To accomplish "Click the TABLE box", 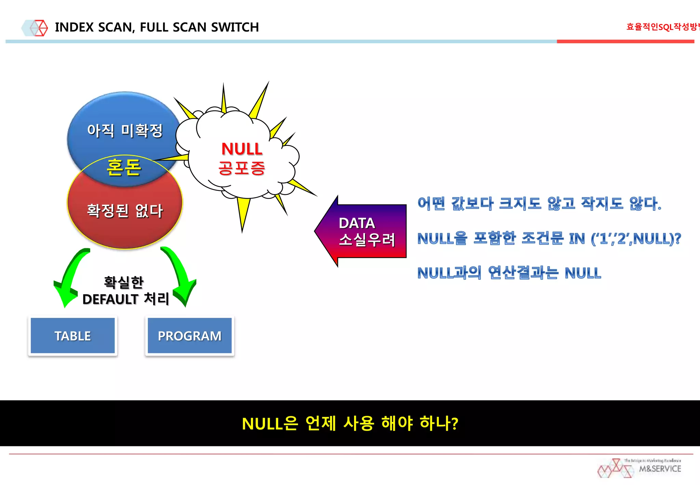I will [72, 336].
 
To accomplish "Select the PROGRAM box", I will [189, 336].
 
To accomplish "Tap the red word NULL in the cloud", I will [242, 149].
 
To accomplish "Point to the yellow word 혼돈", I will [124, 168].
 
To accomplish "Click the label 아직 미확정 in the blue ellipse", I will [125, 130].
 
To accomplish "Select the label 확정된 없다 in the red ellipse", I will [125, 210].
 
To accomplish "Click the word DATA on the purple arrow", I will [357, 223].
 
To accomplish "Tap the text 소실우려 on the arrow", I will [367, 239].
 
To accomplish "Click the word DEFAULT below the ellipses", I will [110, 299].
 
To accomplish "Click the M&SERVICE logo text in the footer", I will [660, 469].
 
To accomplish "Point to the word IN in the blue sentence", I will [577, 239].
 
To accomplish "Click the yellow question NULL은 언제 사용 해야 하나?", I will [350, 423].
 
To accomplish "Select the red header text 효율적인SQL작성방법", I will [662, 27].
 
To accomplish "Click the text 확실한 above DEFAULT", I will [124, 283].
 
